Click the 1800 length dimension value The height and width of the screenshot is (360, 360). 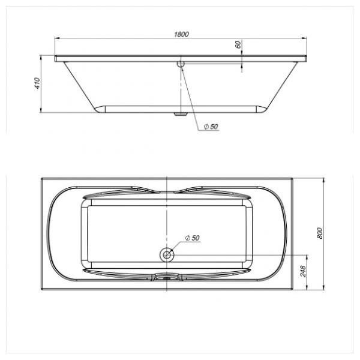(181, 34)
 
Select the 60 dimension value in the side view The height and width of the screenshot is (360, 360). (238, 45)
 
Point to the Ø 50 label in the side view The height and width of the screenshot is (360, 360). (211, 127)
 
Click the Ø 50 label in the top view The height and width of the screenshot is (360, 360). (193, 238)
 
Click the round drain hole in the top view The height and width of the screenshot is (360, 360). (167, 254)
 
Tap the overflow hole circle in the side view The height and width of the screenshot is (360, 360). (181, 62)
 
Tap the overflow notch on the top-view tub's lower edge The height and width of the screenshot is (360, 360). (167, 277)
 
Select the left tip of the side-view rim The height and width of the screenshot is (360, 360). (56, 59)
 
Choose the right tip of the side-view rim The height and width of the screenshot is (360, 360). (308, 59)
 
